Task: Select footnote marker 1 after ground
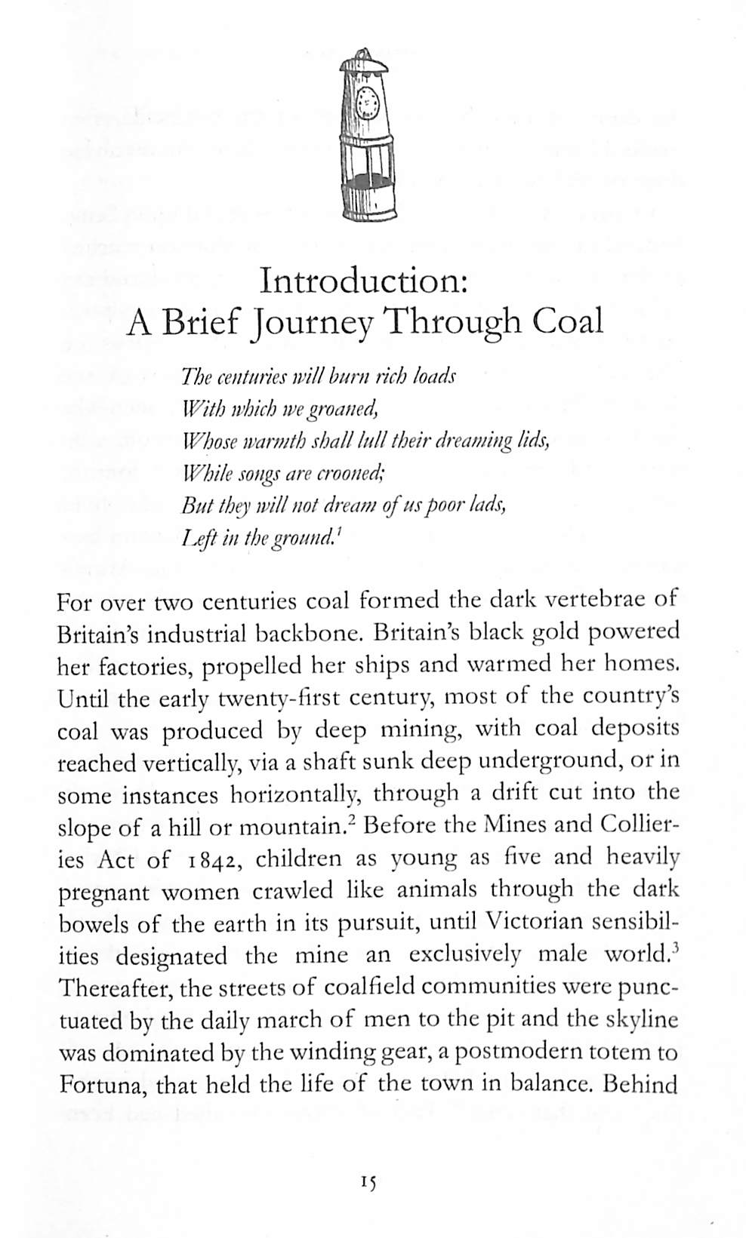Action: point(340,533)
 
